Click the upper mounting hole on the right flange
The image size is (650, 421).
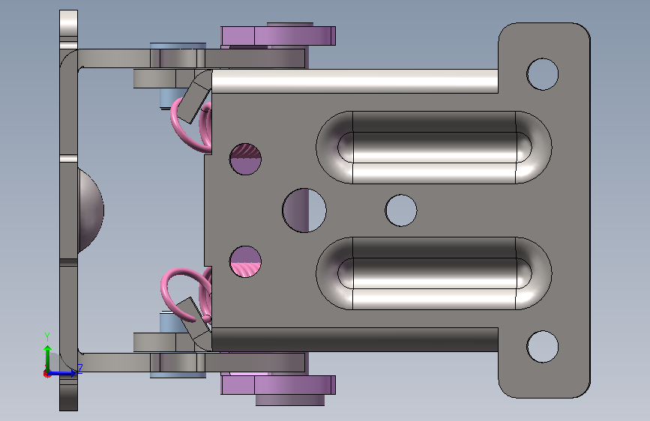pos(542,74)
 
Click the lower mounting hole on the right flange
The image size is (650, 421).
pos(542,346)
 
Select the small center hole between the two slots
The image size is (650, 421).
pos(401,210)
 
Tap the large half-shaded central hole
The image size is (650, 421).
pos(304,210)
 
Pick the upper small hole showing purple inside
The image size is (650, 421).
pos(245,159)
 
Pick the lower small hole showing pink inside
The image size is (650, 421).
pos(245,261)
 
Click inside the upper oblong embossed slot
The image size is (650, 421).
pos(433,147)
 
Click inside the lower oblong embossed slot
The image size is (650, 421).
pos(433,273)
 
